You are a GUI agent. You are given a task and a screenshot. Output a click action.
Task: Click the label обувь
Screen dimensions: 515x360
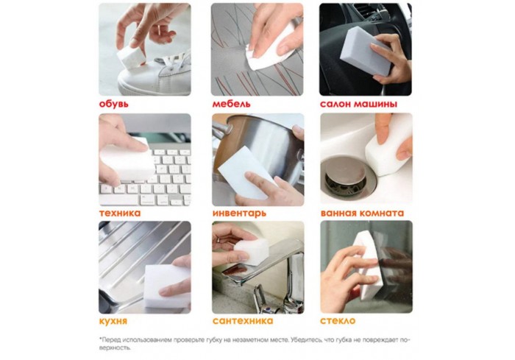coord(113,104)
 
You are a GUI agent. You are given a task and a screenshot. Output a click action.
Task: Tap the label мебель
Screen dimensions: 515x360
coord(231,104)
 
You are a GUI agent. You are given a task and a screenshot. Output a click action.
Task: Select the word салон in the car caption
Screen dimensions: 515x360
coord(335,105)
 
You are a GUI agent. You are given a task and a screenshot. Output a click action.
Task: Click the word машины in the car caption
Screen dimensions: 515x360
coord(374,105)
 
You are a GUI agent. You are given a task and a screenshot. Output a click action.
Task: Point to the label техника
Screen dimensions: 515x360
coord(120,213)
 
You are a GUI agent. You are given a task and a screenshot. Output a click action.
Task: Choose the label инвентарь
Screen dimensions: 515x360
coord(239,213)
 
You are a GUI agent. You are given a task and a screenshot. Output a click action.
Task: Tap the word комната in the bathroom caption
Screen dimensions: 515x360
coord(382,213)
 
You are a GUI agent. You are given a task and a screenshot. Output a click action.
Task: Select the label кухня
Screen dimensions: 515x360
coord(113,321)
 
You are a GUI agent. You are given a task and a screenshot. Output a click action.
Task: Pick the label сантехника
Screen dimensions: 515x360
coord(243,321)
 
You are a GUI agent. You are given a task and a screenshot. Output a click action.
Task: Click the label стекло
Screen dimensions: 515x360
coord(338,321)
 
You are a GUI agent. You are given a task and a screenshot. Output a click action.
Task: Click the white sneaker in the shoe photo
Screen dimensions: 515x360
coord(154,76)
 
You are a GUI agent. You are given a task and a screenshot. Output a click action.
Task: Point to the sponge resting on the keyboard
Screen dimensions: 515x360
coord(127,160)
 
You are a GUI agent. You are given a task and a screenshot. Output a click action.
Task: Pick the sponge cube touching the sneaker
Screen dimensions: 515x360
coord(132,57)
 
